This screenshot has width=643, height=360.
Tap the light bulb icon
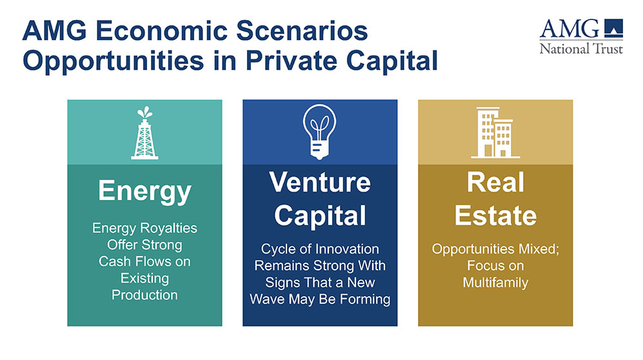[319, 132]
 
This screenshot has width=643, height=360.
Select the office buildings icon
[495, 132]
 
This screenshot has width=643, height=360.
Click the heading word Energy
[144, 191]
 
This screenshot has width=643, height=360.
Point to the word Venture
[320, 182]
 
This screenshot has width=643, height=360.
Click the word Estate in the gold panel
[495, 215]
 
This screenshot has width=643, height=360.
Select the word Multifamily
[495, 283]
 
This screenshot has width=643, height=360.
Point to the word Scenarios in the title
[302, 31]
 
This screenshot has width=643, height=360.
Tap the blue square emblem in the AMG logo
[613, 28]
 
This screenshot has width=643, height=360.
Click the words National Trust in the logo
[581, 49]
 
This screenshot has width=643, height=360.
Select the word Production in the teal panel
[144, 295]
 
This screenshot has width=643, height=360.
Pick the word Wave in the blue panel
[267, 299]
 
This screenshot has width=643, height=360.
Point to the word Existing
[144, 279]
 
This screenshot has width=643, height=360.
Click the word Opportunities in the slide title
[113, 61]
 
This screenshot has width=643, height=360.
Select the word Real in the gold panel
[495, 182]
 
